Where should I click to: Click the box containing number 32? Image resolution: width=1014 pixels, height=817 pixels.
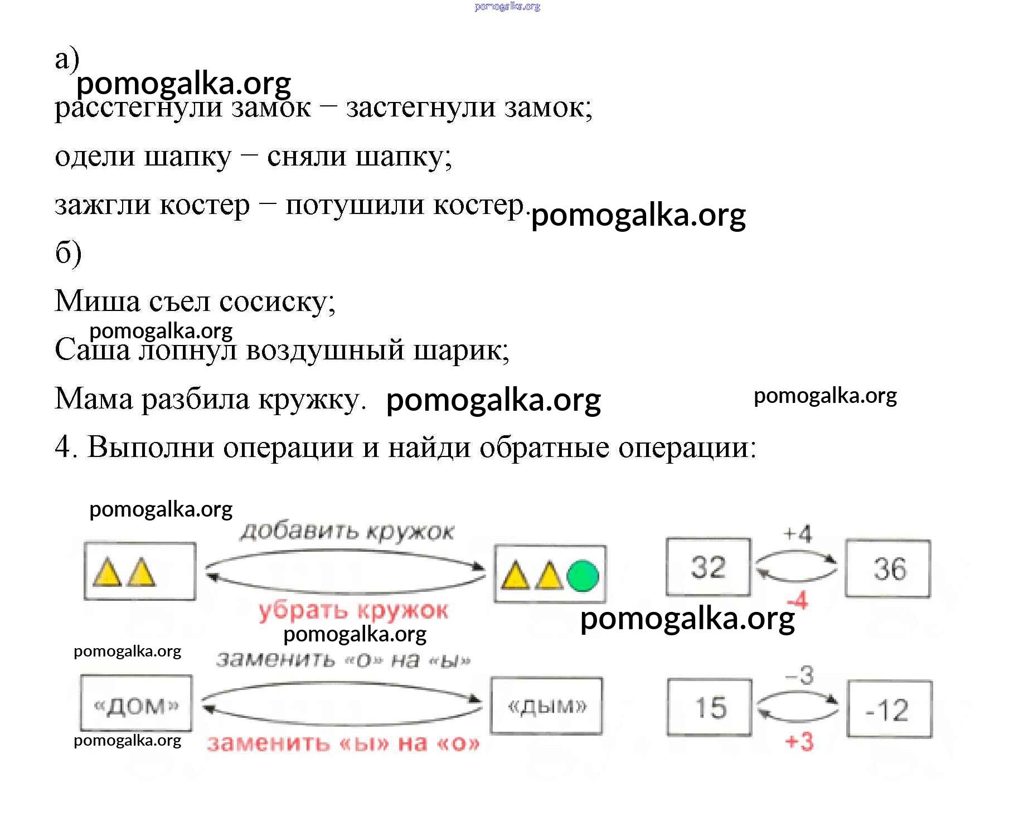coord(708,567)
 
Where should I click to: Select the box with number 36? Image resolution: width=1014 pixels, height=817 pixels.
coord(888,569)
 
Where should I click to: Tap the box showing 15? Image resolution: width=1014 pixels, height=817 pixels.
coord(710,707)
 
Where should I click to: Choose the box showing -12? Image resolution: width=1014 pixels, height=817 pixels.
coord(889,709)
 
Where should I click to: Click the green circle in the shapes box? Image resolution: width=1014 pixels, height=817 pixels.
coord(583,576)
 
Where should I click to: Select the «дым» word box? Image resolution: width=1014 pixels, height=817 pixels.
coord(546,706)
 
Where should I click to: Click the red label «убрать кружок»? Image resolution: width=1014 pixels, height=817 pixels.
coord(353,611)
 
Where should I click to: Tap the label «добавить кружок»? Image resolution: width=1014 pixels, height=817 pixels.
coord(347,532)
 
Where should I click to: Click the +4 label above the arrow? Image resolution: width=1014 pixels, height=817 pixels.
coord(798,533)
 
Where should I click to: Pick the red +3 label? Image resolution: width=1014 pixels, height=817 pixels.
coord(799,742)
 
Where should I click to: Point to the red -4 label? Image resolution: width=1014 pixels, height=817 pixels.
coord(798,601)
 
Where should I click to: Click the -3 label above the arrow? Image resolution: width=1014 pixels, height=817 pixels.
coord(799,675)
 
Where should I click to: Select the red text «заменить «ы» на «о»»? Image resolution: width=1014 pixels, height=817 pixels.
coord(343,743)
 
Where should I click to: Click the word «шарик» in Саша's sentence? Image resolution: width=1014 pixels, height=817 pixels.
coord(460,350)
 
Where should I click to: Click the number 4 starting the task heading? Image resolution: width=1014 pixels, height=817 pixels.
coord(62,447)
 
